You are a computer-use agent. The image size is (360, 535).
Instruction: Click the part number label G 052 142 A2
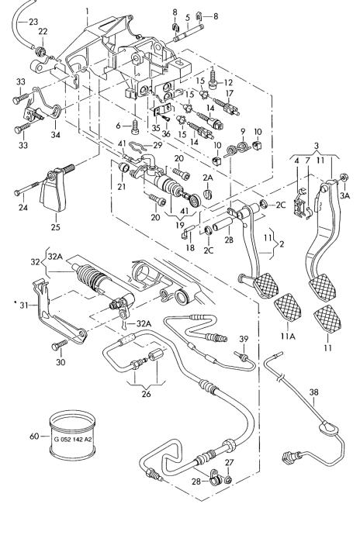73,440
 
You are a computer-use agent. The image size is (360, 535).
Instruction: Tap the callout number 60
34,436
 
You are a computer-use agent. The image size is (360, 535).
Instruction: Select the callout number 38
313,392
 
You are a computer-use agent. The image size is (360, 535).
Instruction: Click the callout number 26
146,394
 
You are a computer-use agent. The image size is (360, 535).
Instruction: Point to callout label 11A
288,336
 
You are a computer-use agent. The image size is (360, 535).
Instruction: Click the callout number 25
55,226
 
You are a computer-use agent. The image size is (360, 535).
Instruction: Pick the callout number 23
33,22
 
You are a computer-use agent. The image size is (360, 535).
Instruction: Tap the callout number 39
244,339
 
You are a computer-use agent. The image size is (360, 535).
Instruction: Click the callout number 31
23,305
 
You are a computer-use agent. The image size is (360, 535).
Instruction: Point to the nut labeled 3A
344,178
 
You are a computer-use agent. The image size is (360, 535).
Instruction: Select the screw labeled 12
213,79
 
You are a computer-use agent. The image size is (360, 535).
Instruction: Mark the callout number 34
55,134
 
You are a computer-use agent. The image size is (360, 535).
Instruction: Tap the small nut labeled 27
229,480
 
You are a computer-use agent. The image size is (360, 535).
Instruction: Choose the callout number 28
196,481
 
